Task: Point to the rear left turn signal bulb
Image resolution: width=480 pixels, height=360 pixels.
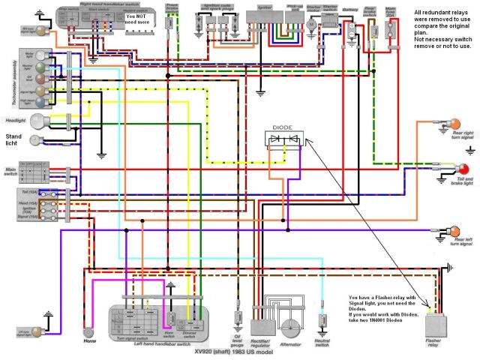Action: [x=454, y=230]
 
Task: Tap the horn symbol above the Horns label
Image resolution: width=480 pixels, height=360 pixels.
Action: [x=89, y=331]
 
